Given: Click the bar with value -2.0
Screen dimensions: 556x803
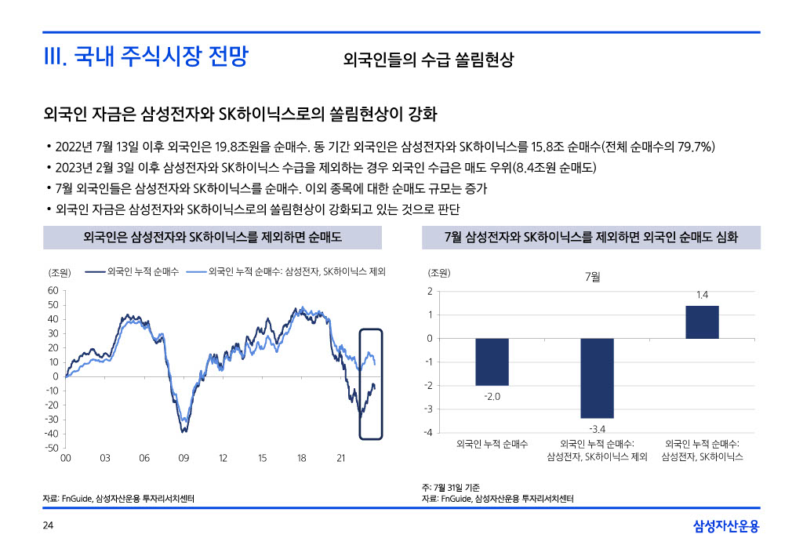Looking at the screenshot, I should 492,362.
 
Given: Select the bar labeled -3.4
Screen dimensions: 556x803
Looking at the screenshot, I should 597,378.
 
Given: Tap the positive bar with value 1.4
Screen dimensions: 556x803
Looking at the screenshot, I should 702,322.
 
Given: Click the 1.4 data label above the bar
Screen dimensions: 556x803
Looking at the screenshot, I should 702,295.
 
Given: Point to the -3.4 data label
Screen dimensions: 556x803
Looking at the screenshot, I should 597,428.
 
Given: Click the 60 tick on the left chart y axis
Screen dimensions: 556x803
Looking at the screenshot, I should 53,290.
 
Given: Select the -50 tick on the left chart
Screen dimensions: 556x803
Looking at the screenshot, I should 51,448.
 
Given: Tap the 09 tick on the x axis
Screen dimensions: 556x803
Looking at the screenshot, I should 183,458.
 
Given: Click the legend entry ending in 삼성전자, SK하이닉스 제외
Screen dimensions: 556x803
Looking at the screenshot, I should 297,271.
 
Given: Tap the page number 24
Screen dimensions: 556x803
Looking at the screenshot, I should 48,525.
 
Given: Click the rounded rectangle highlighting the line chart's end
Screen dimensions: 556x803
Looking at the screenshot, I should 370,383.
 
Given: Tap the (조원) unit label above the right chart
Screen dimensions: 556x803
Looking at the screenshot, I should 439,273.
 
